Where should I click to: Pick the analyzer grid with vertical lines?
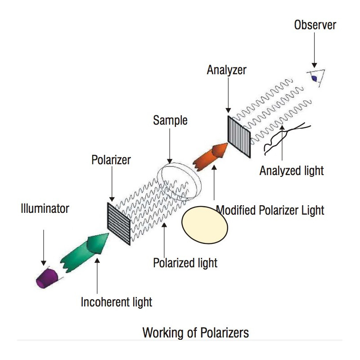[239, 136]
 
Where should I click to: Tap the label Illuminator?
[45, 208]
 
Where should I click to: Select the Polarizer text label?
[111, 160]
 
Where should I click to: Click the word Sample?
[170, 120]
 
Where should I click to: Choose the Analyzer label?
[227, 70]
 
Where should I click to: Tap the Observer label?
[315, 25]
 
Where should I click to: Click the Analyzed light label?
[292, 171]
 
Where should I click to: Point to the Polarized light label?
[185, 262]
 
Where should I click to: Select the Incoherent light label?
[117, 301]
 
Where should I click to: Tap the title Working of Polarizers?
[195, 333]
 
